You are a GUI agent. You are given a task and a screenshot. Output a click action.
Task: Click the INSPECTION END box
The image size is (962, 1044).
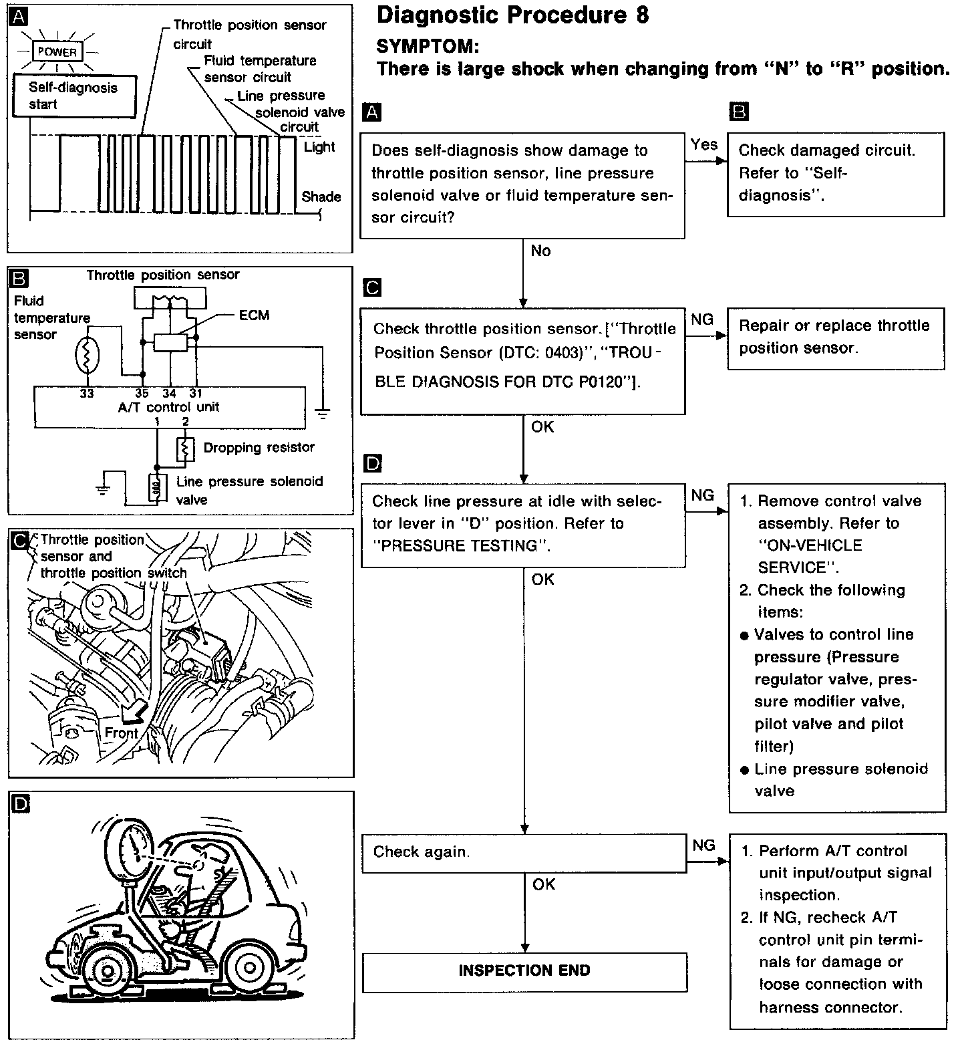tap(524, 971)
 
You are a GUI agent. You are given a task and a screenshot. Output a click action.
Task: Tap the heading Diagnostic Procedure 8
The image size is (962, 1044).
tap(512, 15)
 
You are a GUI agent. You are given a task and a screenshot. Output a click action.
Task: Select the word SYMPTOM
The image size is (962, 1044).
tap(428, 46)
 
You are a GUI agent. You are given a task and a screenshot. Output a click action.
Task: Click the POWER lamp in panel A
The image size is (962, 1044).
tap(57, 51)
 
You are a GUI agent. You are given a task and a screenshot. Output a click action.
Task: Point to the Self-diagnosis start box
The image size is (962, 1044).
tap(73, 96)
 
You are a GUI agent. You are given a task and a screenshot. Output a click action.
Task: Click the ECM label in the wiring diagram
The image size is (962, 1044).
tap(254, 315)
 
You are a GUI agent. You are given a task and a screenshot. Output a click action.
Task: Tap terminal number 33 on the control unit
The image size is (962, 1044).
tap(87, 394)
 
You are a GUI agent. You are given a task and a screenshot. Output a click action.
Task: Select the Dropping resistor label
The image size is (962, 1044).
tap(259, 447)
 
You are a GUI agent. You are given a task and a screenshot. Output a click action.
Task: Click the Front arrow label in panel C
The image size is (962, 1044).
tap(120, 733)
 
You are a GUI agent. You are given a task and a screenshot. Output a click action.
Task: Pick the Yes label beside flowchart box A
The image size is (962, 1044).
tap(703, 144)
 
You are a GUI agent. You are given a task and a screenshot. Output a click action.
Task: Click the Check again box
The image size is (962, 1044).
tap(523, 852)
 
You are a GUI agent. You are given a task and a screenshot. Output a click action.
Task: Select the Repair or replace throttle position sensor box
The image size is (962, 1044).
tap(835, 338)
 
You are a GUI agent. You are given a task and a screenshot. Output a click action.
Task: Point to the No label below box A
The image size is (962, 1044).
tap(540, 251)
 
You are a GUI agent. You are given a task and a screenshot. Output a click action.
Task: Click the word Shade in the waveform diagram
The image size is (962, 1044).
tap(321, 197)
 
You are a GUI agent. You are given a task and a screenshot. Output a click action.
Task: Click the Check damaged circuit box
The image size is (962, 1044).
tap(835, 173)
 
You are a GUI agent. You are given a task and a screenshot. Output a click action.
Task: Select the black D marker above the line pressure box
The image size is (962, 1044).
tap(373, 463)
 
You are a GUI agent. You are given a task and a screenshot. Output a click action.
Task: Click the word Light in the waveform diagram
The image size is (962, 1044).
tap(319, 147)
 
